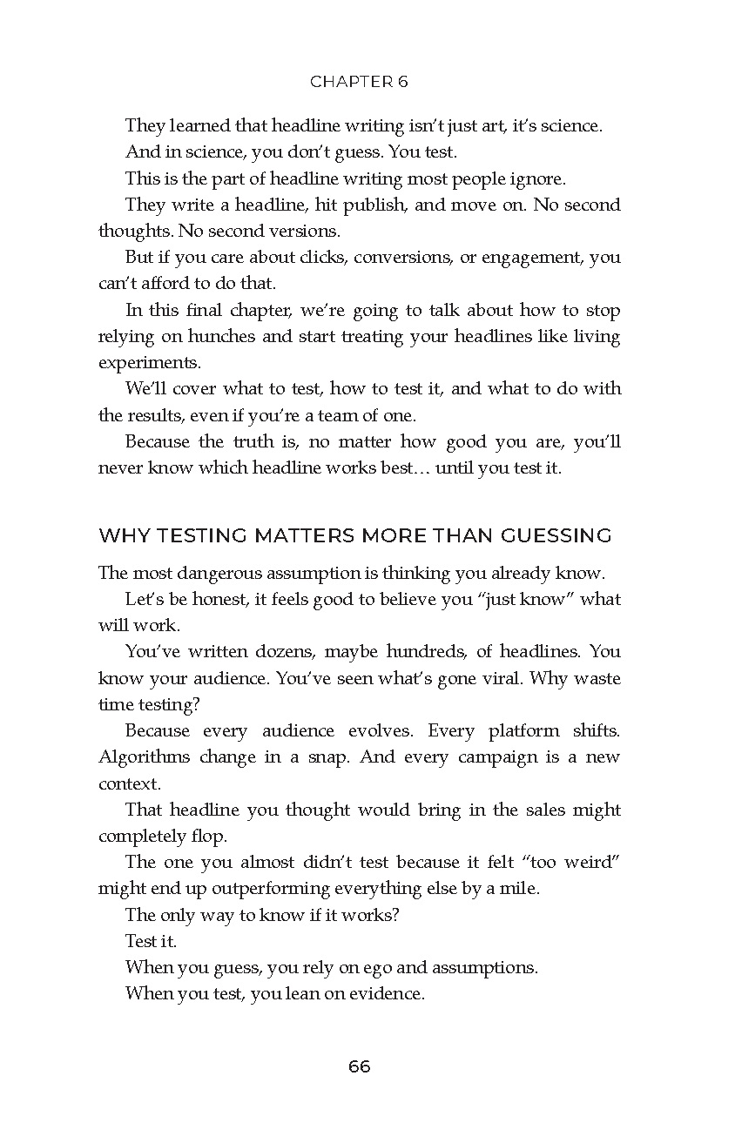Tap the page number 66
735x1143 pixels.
coord(359,1066)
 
